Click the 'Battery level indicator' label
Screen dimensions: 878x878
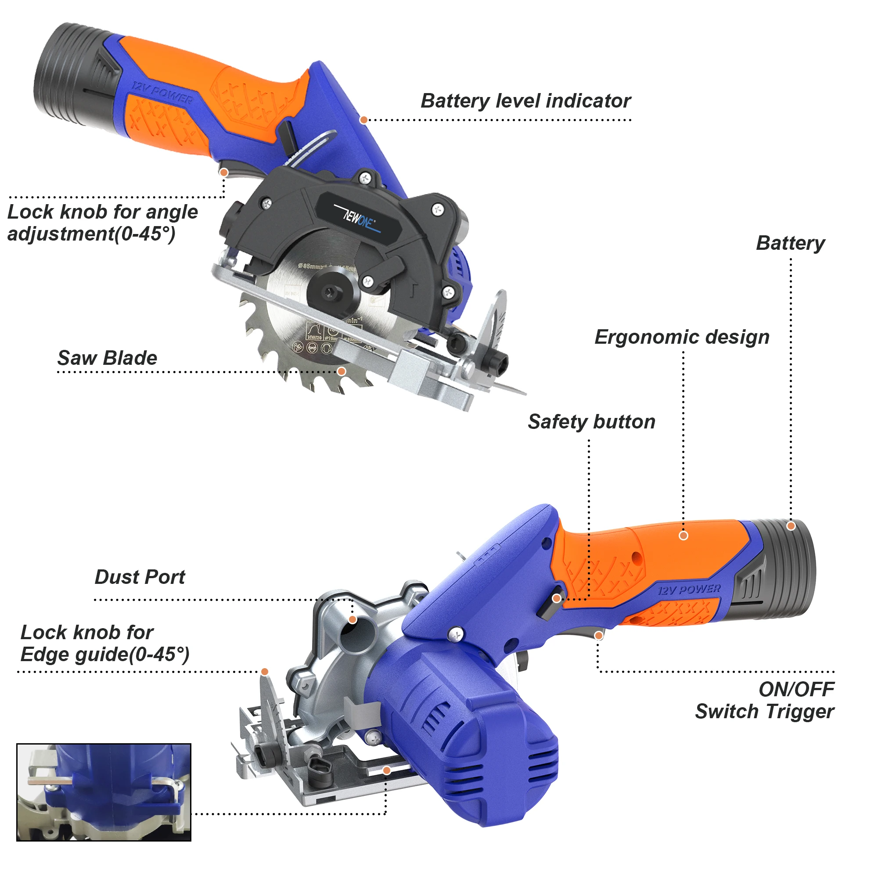pyautogui.click(x=525, y=101)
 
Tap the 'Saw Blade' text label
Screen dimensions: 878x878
pyautogui.click(x=107, y=358)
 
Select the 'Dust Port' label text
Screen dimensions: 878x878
pyautogui.click(x=140, y=577)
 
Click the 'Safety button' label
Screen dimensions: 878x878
pyautogui.click(x=591, y=422)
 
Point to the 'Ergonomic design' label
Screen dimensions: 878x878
pyautogui.click(x=682, y=337)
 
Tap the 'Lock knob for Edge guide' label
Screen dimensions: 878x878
pyautogui.click(x=104, y=644)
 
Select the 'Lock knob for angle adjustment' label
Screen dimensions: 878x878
pyautogui.click(x=102, y=223)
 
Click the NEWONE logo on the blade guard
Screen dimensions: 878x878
pyautogui.click(x=359, y=219)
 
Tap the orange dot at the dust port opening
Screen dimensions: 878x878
pyautogui.click(x=353, y=620)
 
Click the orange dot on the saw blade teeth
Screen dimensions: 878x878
pyautogui.click(x=342, y=372)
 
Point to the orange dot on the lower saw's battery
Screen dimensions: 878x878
pyautogui.click(x=791, y=526)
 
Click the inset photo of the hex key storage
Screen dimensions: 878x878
pyautogui.click(x=104, y=792)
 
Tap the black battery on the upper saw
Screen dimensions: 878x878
pyautogui.click(x=73, y=75)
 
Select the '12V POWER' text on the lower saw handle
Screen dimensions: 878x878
pyautogui.click(x=689, y=590)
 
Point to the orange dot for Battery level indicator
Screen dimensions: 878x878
pyautogui.click(x=363, y=120)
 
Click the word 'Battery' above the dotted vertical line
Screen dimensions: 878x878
pyautogui.click(x=790, y=243)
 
